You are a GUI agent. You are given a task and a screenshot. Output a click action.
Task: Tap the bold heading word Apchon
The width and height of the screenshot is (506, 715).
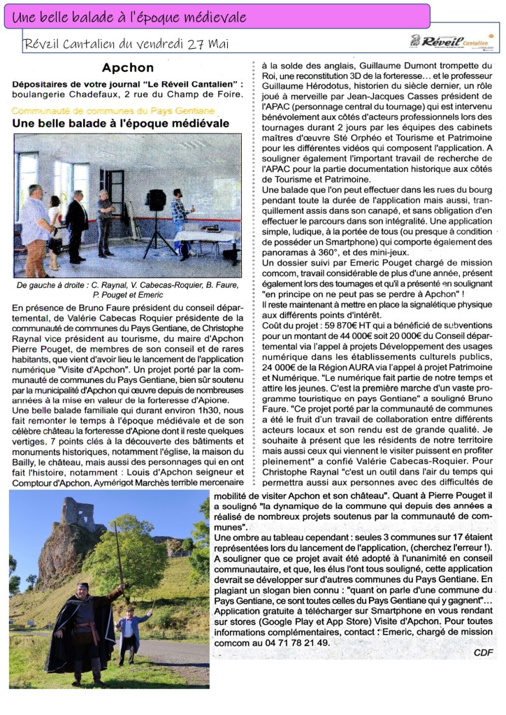127,68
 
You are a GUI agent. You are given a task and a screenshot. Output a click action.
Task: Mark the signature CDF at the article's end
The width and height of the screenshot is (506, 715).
483,652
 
